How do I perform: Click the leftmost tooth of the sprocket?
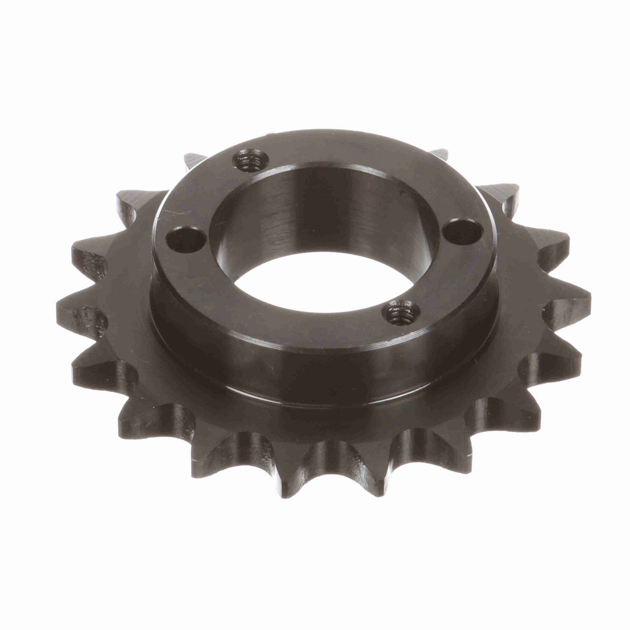click(x=79, y=315)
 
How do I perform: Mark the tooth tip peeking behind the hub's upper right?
click(x=440, y=154)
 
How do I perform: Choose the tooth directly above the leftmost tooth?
click(x=92, y=257)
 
